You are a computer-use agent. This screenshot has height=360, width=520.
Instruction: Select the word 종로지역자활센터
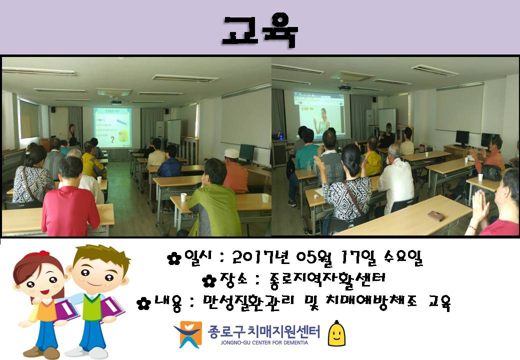tap(327, 280)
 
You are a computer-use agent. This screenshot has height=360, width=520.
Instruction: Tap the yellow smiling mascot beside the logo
tap(336, 333)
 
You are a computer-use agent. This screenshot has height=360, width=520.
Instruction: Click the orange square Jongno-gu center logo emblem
tap(188, 334)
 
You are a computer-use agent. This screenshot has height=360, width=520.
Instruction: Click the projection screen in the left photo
tap(112, 127)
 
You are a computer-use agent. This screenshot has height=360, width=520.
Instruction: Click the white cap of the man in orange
tap(231, 153)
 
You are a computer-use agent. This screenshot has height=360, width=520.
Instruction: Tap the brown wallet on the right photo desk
tap(436, 216)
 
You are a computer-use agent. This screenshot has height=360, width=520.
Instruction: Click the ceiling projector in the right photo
tap(345, 87)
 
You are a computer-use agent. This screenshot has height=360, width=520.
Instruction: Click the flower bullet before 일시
tap(174, 258)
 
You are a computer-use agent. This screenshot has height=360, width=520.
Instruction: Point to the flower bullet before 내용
tap(143, 303)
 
